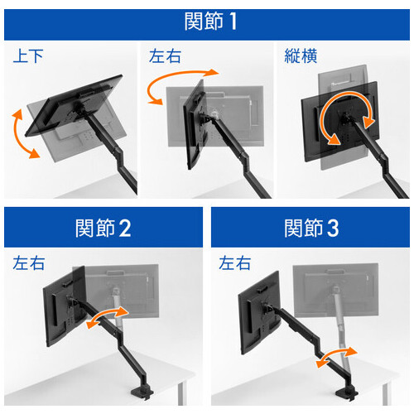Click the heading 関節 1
210,22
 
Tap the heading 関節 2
103,228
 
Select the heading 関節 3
311,228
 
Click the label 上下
28,56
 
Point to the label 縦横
301,55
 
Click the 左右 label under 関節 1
165,56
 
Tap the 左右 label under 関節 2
29,263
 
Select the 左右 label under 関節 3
235,263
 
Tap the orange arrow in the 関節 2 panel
107,315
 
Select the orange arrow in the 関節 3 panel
336,355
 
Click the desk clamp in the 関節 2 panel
142,392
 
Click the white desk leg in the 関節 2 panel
181,393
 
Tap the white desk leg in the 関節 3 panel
386,393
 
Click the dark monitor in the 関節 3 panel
259,313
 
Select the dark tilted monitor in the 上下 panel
75,105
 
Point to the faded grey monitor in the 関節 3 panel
335,291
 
